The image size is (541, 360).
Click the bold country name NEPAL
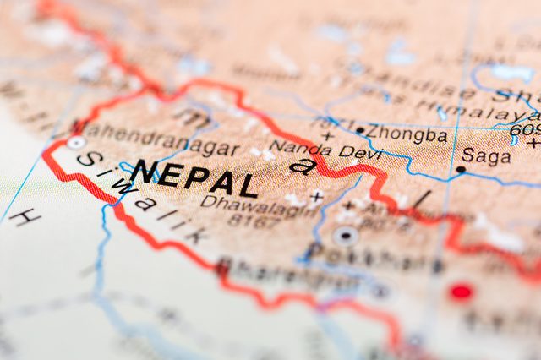pyautogui.click(x=194, y=178)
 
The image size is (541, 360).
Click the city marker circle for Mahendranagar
pyautogui.click(x=76, y=143)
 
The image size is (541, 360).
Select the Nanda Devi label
pyautogui.click(x=325, y=151)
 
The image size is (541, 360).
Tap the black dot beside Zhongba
pyautogui.click(x=361, y=131)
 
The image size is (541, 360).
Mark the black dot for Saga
pyautogui.click(x=461, y=169)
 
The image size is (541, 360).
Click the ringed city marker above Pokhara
pyautogui.click(x=345, y=235)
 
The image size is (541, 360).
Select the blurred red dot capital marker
pyautogui.click(x=461, y=292)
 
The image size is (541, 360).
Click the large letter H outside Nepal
pyautogui.click(x=25, y=217)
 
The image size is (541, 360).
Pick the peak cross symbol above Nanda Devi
pyautogui.click(x=328, y=135)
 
